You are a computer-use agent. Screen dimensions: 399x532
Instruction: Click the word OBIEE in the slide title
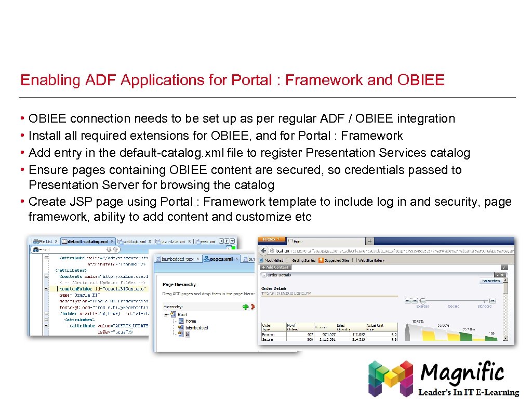(421, 80)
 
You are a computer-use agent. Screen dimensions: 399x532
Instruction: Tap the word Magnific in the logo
(462, 373)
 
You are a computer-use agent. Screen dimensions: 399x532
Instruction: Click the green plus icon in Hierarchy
(245, 307)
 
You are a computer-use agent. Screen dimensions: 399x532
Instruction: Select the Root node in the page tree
(182, 314)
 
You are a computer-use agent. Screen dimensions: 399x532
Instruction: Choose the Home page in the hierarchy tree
(190, 321)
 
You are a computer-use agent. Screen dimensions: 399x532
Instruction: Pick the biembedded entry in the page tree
(196, 328)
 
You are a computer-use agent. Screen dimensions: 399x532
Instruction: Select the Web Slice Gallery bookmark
(371, 260)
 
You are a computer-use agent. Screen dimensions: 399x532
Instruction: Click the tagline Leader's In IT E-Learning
(469, 392)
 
